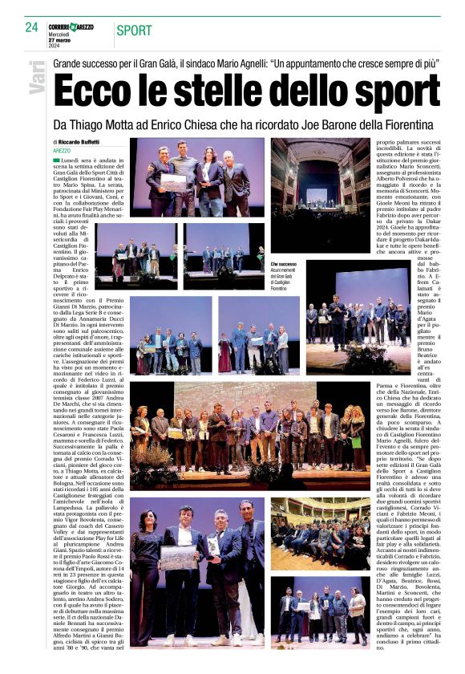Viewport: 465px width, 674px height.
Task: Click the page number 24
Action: click(x=32, y=27)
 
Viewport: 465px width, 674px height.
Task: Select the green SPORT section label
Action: click(x=134, y=30)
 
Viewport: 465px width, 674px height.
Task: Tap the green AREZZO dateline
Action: click(x=63, y=150)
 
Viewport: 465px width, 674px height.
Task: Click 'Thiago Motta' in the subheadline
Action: click(x=119, y=125)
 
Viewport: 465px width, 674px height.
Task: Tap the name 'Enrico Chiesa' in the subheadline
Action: click(x=208, y=125)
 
